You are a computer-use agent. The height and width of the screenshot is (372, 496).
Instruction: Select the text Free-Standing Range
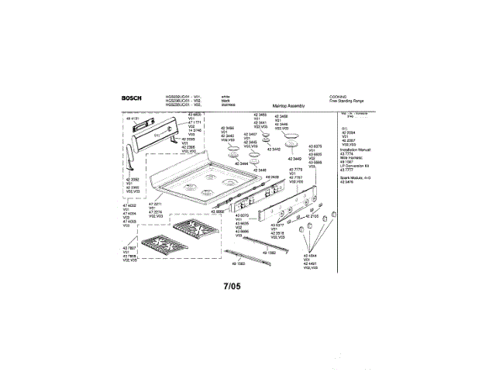[345, 101]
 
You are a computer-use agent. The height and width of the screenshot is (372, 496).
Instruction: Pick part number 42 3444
[239, 164]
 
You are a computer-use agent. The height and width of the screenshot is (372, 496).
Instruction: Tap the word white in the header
[226, 95]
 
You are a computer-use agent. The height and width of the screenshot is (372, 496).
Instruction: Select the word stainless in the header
[229, 104]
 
